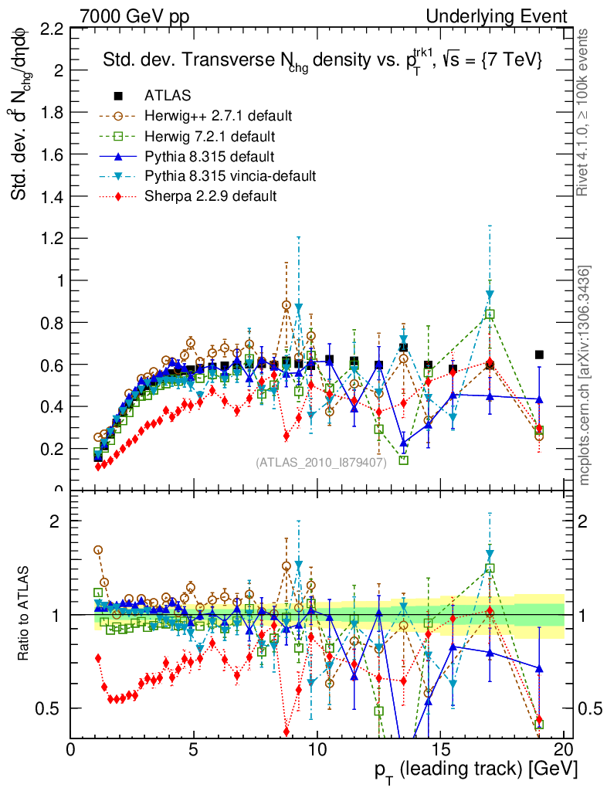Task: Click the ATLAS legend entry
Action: [x=168, y=96]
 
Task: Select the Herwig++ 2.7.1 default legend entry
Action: [x=218, y=116]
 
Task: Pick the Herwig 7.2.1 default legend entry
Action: [x=209, y=136]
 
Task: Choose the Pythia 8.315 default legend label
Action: [x=210, y=156]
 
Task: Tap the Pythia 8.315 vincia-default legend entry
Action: [x=230, y=176]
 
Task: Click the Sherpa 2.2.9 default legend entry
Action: [x=210, y=196]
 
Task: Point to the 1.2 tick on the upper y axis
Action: [x=51, y=239]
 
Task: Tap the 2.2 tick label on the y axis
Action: [x=51, y=29]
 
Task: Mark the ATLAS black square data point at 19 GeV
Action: [x=539, y=355]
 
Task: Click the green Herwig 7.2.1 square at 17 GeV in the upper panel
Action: [x=490, y=314]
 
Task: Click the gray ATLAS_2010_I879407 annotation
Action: [x=321, y=463]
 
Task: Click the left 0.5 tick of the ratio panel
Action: [x=51, y=708]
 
